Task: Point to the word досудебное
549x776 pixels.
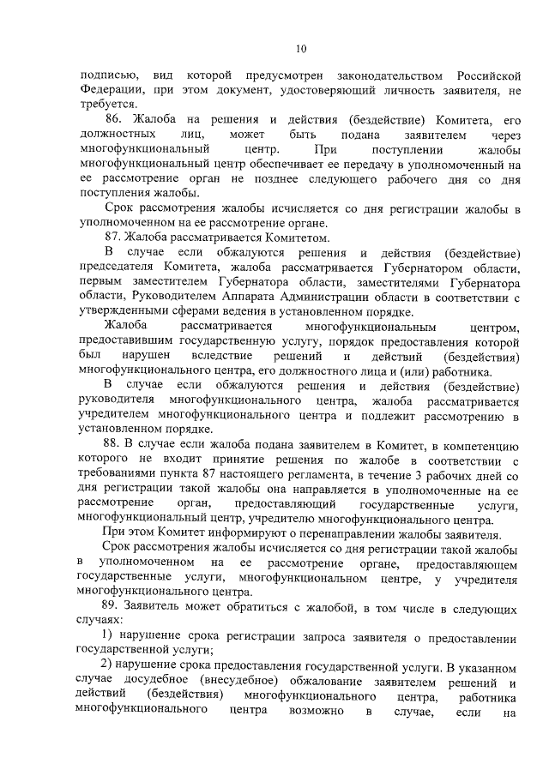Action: click(143, 683)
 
